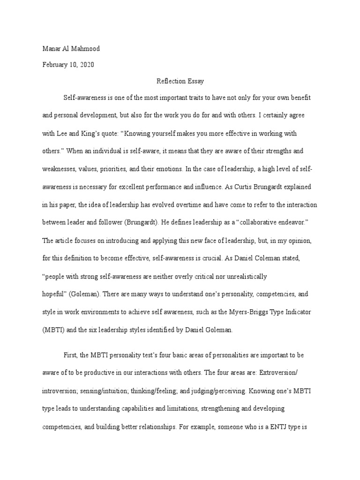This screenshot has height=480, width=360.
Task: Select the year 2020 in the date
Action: pos(87,65)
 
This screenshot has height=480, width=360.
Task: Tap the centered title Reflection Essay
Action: pos(180,81)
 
